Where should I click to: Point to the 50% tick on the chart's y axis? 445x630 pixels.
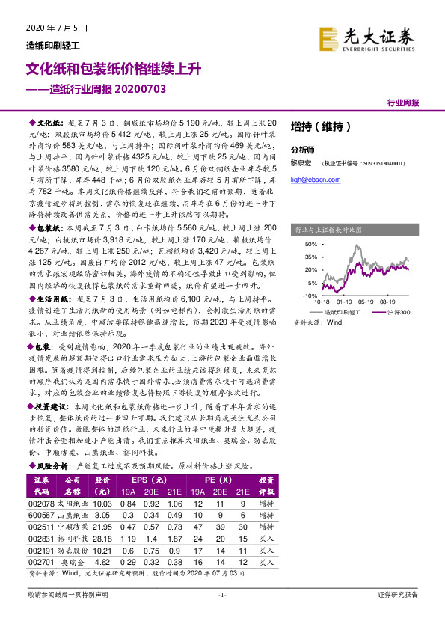click(311, 245)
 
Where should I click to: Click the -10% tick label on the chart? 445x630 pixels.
click(310, 296)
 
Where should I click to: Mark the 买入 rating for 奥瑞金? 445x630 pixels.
click(267, 581)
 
